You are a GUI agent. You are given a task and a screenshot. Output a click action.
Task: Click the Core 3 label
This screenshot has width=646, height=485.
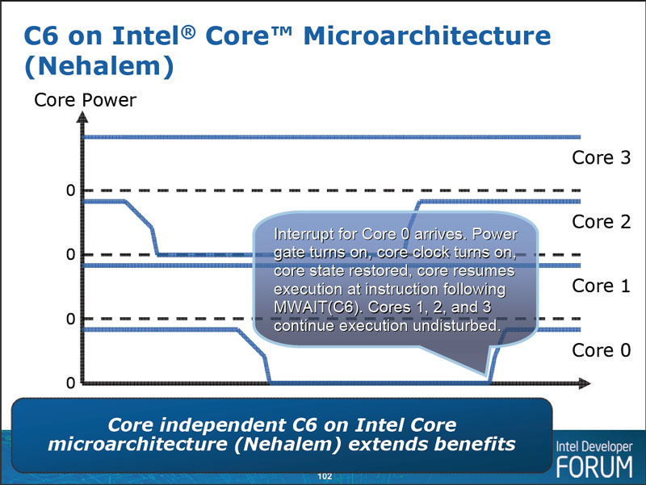pos(601,158)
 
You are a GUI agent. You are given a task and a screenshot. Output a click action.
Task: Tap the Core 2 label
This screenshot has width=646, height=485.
pos(601,222)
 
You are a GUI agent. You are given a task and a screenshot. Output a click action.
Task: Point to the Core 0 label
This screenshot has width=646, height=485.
pos(601,350)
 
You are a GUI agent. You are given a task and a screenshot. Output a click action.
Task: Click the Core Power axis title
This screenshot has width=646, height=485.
pos(85,100)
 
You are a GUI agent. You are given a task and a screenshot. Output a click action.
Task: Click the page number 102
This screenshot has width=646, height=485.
pos(324,477)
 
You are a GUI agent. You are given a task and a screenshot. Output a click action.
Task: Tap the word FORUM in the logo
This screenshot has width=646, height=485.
pos(595,466)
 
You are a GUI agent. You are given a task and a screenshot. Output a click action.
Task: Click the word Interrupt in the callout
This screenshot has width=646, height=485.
pos(304,235)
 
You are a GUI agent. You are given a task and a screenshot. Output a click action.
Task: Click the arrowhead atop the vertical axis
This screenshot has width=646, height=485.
pos(81,118)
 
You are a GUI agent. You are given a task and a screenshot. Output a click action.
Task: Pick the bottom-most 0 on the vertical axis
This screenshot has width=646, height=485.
pos(70,383)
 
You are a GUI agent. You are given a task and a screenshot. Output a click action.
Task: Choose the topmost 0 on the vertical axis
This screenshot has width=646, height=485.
pos(70,190)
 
